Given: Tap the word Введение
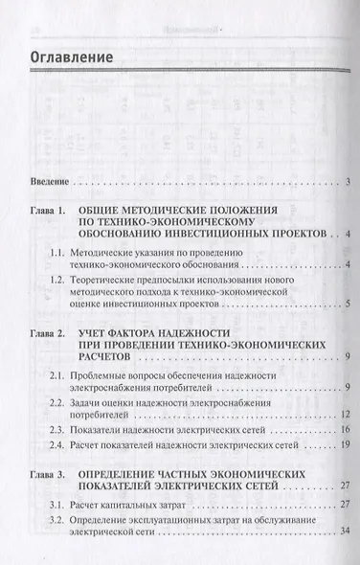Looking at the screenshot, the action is point(48,181).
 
